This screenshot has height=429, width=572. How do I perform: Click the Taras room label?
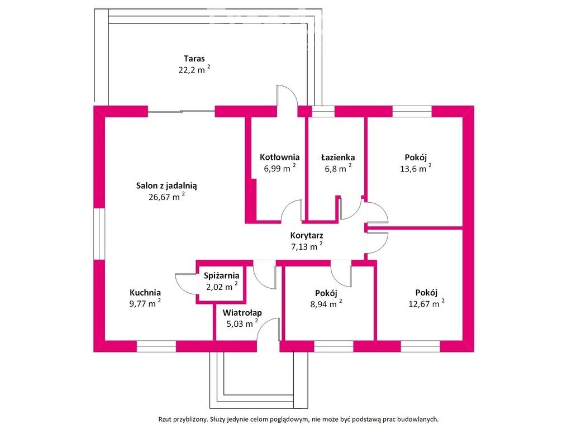pos(194,58)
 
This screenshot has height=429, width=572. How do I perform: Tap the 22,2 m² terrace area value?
pos(194,69)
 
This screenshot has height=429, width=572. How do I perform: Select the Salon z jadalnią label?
pos(166,185)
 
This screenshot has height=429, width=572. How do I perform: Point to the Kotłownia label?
pos(279,157)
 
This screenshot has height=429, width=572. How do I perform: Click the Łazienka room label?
pos(338,157)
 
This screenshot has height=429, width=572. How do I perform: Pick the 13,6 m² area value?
pos(416,168)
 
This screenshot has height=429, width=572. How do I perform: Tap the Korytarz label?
pos(307,236)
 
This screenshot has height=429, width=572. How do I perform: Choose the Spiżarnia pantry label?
pos(221,276)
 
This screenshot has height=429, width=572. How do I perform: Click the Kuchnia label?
pos(145,293)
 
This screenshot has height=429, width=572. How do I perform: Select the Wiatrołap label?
pos(242,313)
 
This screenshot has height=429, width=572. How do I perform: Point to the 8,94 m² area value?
pos(326,303)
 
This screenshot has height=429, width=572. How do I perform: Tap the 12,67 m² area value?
pos(426,303)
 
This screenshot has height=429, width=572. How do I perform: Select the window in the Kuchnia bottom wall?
pos(156,346)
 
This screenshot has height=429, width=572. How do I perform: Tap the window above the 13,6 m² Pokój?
pos(412,111)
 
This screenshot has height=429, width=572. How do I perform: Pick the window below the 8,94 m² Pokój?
pos(333,346)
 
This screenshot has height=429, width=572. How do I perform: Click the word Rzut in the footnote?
pos(165,420)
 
